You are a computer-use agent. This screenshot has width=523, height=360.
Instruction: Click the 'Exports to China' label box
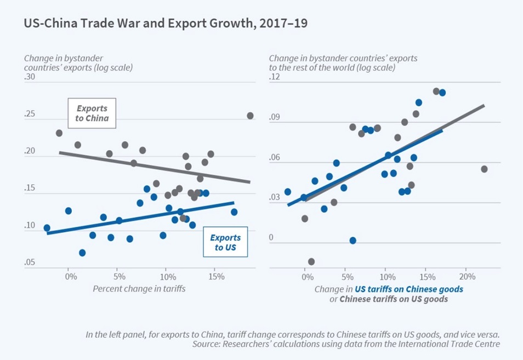coord(92,113)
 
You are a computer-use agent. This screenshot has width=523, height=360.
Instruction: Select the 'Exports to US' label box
coord(225,243)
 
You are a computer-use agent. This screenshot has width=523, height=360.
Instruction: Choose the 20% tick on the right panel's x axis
coord(467,277)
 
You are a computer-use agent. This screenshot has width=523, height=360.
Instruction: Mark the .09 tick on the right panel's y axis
coord(275,118)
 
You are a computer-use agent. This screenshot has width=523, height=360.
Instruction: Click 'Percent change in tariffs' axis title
coord(139,288)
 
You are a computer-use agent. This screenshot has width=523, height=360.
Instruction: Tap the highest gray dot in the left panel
coord(250,116)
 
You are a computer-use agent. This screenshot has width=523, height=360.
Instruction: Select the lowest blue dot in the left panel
coord(82,253)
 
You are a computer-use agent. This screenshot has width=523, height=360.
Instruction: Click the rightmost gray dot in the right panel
coord(484,169)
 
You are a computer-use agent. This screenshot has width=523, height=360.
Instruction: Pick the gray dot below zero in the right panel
coord(311,261)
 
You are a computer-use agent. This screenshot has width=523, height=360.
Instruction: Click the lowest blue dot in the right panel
coord(353,241)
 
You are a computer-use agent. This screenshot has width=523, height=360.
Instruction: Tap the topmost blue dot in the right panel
coord(442,93)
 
